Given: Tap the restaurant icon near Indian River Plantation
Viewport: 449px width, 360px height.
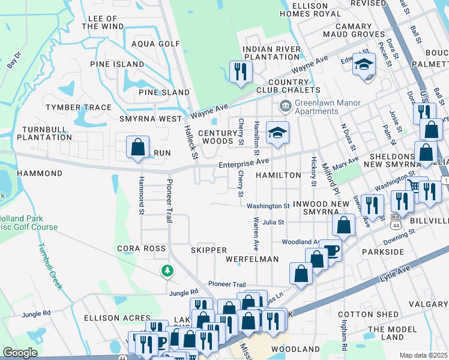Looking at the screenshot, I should click(241, 71).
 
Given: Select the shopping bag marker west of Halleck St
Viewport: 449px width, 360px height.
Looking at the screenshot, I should click(137, 148).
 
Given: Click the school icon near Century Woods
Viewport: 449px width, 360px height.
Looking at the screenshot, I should click(277, 132).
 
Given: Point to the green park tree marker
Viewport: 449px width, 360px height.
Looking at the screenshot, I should click(167, 272).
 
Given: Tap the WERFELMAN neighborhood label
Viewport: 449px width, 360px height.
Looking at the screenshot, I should click(252, 259).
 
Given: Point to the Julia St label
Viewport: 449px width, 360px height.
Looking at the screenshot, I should click(273, 222).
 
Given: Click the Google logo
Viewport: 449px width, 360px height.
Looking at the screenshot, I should click(20, 353).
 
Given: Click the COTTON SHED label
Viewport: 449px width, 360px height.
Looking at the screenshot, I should click(376, 314).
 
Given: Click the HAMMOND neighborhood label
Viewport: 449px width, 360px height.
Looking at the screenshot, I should click(40, 173).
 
